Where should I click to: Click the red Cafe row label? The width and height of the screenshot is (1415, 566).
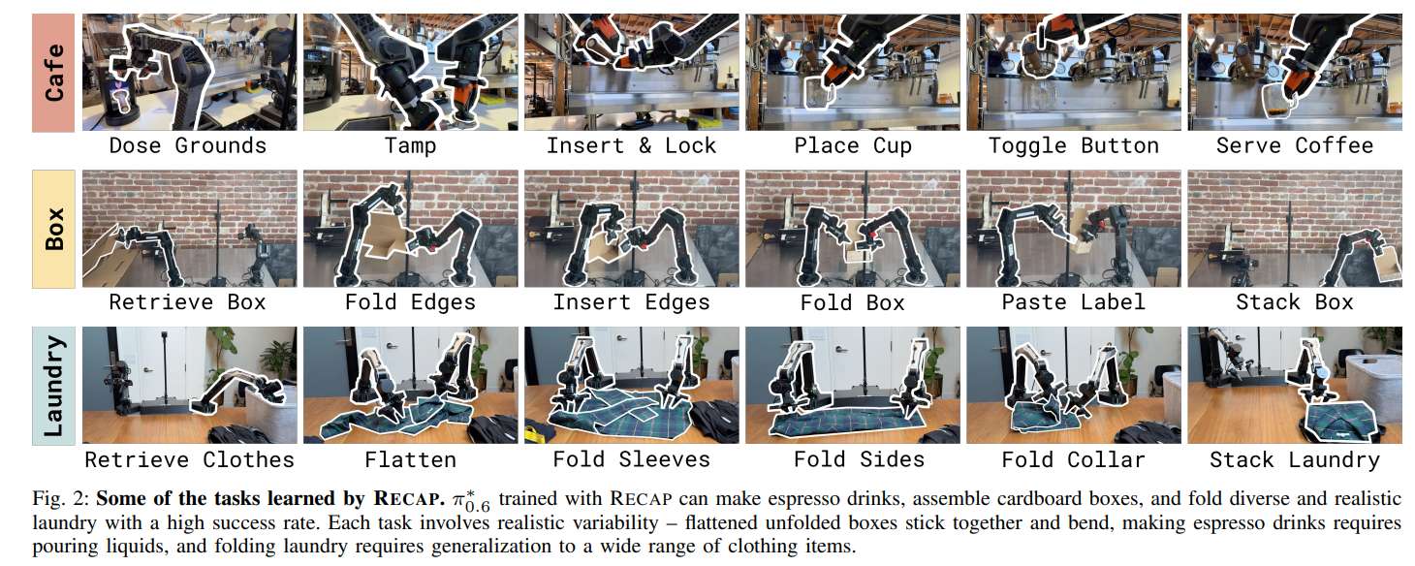55,72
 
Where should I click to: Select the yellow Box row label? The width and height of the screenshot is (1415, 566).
55,229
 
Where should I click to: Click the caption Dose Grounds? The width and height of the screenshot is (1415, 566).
188,146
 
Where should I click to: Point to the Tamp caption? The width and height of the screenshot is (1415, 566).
410,146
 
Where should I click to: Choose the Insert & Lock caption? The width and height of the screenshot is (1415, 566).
631,146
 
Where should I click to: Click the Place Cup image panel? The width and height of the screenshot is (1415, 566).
853,73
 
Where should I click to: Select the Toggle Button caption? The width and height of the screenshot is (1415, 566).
1074,146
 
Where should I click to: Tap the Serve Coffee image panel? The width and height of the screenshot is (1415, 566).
1295,73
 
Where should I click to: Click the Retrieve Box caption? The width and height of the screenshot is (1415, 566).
188,302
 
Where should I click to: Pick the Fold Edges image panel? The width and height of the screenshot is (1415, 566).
410,229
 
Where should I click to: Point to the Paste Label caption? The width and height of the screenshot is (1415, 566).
1074,302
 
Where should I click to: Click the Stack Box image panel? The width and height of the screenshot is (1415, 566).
1295,229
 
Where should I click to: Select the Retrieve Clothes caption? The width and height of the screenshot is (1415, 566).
188,459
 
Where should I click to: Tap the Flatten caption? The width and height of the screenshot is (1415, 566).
410,459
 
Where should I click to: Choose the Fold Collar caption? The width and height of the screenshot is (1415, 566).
1074,459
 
